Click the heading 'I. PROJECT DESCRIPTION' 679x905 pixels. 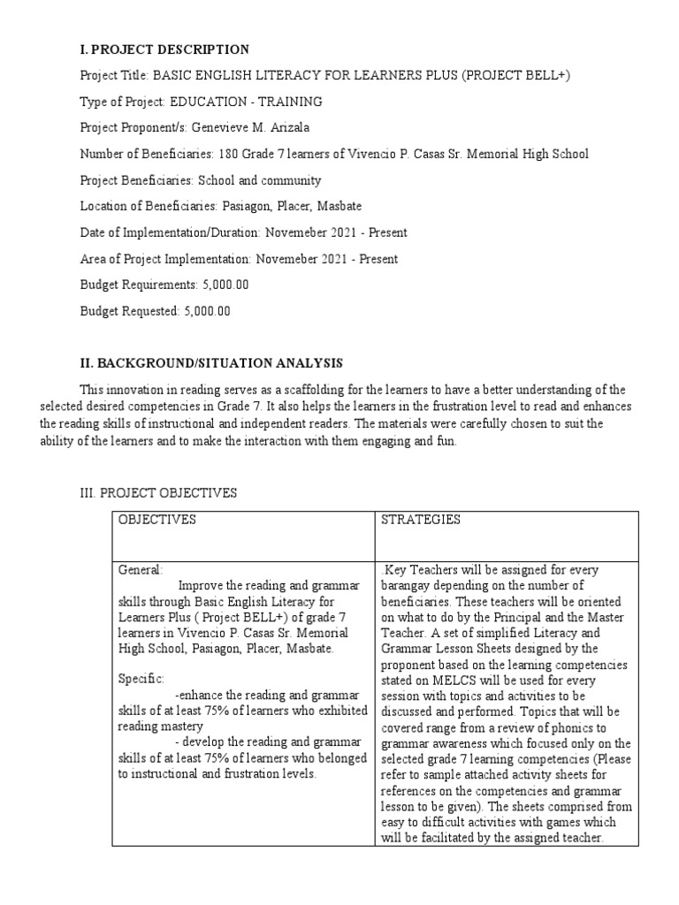tap(164, 49)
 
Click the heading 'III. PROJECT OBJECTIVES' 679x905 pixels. tap(158, 493)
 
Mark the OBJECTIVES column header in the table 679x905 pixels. tap(157, 520)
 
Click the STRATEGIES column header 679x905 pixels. tap(420, 520)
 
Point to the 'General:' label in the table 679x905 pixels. tap(141, 571)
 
